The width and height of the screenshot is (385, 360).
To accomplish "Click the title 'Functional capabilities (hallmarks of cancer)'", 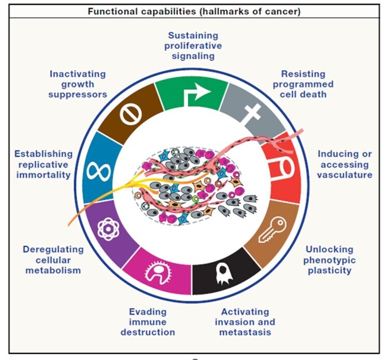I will [x=193, y=11].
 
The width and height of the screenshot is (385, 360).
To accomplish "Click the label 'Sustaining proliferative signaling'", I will [x=193, y=46].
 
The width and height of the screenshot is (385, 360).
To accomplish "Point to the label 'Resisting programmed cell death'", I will [x=303, y=84].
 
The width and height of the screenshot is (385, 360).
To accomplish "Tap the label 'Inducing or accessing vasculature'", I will [x=345, y=164].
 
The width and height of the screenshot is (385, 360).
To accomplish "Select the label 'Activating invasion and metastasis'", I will [x=245, y=322].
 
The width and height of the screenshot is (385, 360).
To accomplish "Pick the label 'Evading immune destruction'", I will [x=148, y=322].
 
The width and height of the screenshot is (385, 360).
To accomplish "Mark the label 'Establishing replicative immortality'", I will [x=43, y=164].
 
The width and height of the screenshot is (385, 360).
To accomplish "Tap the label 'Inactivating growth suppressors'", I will [x=78, y=84].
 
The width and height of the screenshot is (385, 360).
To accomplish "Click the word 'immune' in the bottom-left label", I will [x=148, y=322].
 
